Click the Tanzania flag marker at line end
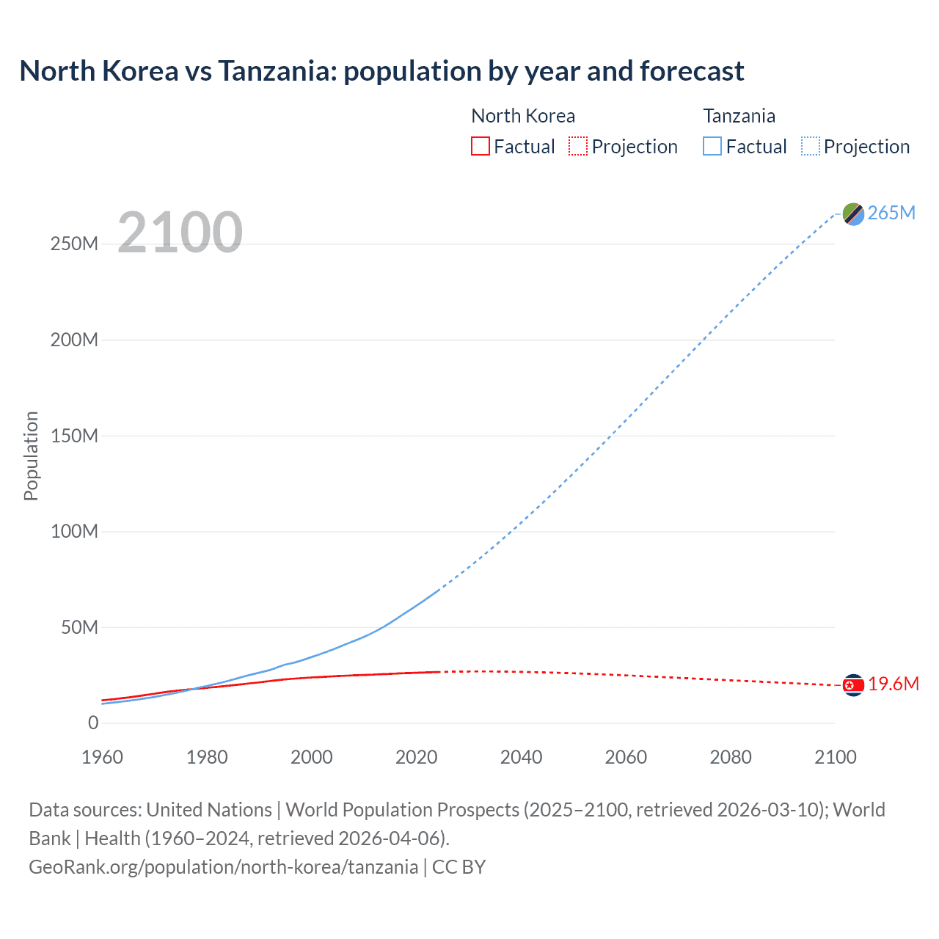[x=853, y=213]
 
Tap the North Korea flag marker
[x=853, y=685]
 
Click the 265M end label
[x=891, y=213]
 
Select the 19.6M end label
[x=893, y=684]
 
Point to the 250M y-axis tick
[x=74, y=244]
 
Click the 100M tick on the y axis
[x=74, y=531]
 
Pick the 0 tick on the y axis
[x=92, y=723]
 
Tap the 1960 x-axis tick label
[x=102, y=757]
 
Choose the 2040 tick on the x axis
[x=521, y=757]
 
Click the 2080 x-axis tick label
[x=730, y=757]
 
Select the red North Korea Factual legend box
[x=480, y=147]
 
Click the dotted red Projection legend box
[x=578, y=147]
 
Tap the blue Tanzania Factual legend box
[x=712, y=147]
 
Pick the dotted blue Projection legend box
[x=810, y=147]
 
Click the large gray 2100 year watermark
[x=180, y=233]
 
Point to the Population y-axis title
[x=31, y=456]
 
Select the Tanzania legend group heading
[x=739, y=116]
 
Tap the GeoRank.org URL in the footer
[x=223, y=866]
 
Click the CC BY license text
[x=458, y=866]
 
